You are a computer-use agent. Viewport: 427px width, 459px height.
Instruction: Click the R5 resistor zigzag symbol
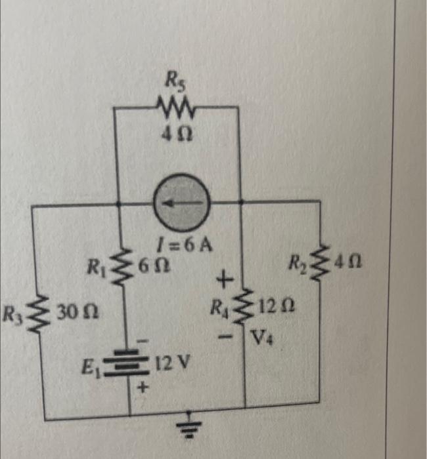[175, 109]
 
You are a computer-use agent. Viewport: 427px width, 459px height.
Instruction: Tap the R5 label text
[175, 79]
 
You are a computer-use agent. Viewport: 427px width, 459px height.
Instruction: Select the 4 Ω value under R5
[177, 134]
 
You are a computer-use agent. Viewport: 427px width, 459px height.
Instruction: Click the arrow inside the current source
[182, 203]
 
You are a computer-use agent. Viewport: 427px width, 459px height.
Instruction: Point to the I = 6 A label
[185, 246]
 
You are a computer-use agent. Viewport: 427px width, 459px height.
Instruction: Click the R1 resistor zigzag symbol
[121, 266]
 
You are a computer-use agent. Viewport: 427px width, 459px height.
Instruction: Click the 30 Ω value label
[78, 313]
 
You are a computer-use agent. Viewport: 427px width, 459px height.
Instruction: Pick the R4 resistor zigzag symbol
[244, 306]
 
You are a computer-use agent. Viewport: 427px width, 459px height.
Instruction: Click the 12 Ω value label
[276, 306]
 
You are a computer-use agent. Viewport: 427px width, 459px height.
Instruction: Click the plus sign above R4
[225, 279]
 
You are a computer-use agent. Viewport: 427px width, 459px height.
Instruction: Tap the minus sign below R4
[225, 336]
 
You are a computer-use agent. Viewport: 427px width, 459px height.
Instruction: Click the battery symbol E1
[127, 362]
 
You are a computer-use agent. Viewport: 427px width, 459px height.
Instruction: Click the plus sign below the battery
[143, 388]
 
